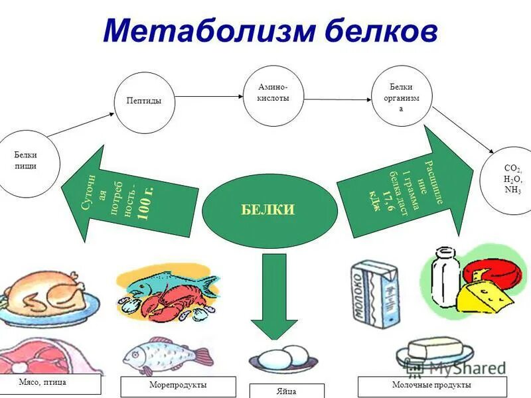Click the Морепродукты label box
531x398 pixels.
coord(179,385)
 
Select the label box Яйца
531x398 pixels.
coord(287,391)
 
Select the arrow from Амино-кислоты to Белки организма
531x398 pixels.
coord(337,99)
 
